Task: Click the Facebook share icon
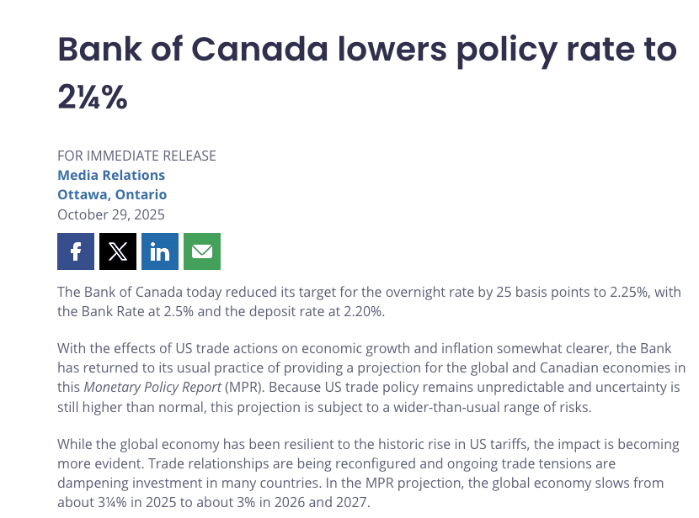tap(76, 251)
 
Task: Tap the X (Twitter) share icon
tap(118, 251)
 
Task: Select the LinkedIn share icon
tap(160, 251)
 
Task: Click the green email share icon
tap(202, 251)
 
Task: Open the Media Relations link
tap(111, 175)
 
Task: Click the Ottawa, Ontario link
tap(112, 194)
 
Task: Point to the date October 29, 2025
tap(111, 214)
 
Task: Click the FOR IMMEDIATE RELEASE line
tap(136, 156)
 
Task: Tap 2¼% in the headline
tap(93, 98)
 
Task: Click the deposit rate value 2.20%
tap(360, 312)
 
